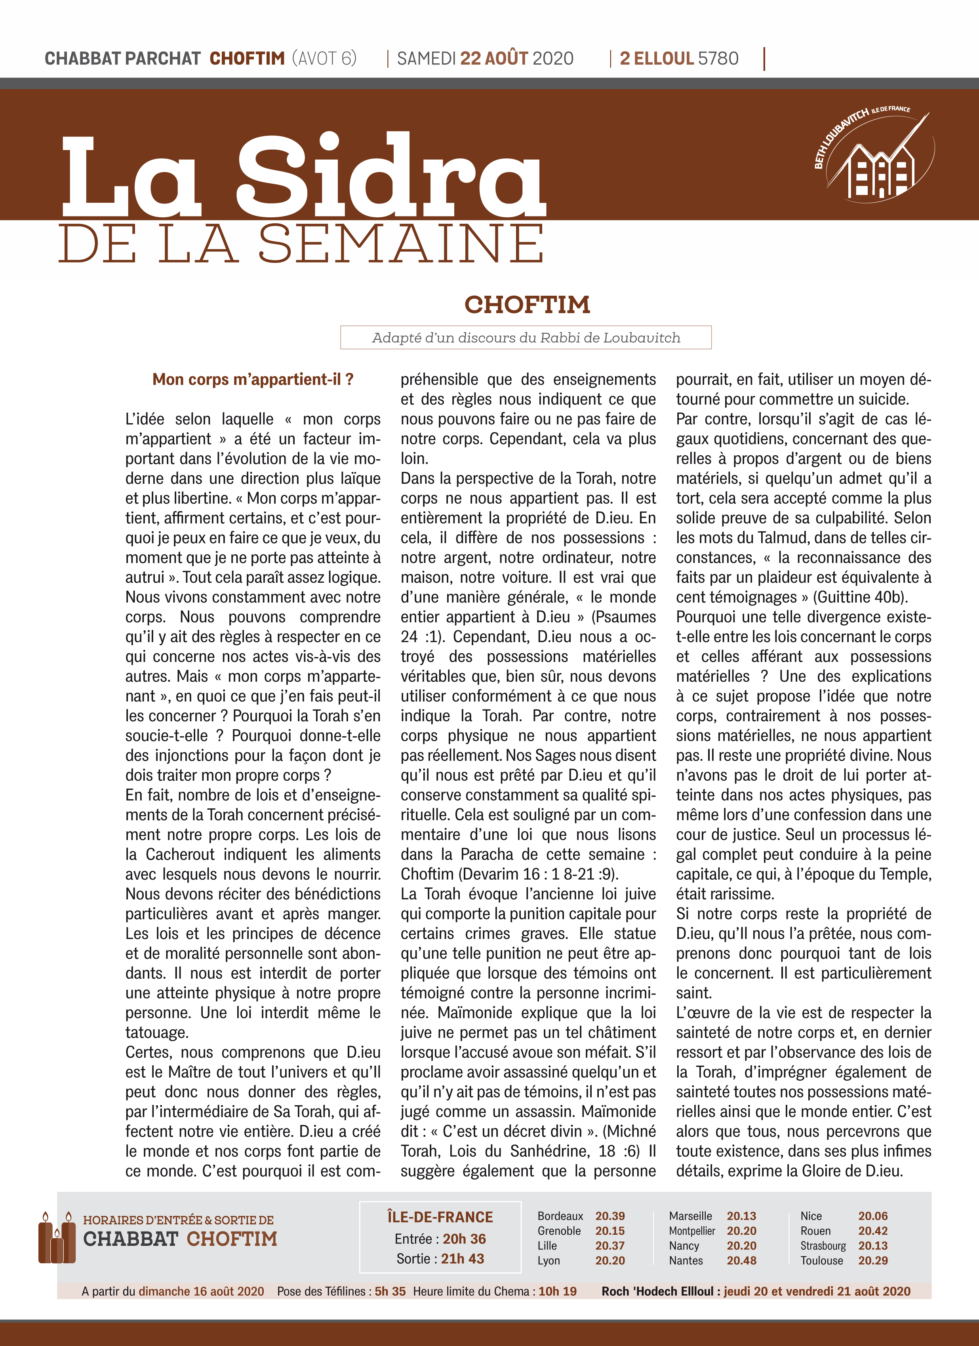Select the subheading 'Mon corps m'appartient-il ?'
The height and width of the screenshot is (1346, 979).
pyautogui.click(x=253, y=379)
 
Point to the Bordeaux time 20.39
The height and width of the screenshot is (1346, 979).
pyautogui.click(x=610, y=1216)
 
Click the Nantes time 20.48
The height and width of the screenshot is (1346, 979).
pyautogui.click(x=741, y=1260)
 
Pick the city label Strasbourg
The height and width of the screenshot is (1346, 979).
pyautogui.click(x=823, y=1246)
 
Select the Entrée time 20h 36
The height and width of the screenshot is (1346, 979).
pyautogui.click(x=464, y=1239)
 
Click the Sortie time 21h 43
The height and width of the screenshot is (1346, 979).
pyautogui.click(x=462, y=1259)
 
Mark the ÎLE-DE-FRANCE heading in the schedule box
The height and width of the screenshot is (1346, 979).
pyautogui.click(x=440, y=1217)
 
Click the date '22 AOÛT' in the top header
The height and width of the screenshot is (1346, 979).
pyautogui.click(x=494, y=58)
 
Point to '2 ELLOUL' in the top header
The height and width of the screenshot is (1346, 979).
pyautogui.click(x=657, y=58)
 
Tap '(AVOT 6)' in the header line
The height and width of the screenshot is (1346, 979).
pyautogui.click(x=324, y=58)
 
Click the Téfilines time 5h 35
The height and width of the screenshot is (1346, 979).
pyautogui.click(x=390, y=1291)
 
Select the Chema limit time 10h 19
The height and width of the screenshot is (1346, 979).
pyautogui.click(x=557, y=1291)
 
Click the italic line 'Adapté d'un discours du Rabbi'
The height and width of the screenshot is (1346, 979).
pyautogui.click(x=526, y=338)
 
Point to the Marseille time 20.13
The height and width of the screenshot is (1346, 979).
pyautogui.click(x=741, y=1216)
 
